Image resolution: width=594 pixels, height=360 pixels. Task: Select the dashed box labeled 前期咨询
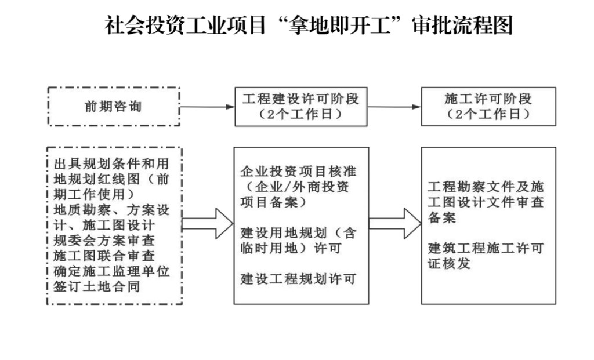click(113, 107)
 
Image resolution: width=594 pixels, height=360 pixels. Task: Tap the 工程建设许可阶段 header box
click(300, 106)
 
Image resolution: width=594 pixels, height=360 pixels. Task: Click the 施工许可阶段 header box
click(488, 106)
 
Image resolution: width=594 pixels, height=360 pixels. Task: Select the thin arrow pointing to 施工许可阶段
click(394, 107)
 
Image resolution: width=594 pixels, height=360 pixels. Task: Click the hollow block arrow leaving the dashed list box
click(207, 223)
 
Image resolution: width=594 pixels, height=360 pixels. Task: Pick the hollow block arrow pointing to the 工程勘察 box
click(394, 223)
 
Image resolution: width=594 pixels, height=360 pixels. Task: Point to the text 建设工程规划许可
click(298, 280)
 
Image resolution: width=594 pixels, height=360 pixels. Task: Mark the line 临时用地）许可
click(290, 249)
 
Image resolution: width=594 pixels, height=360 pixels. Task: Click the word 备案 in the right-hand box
click(442, 218)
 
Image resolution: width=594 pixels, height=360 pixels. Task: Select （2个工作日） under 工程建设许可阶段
click(300, 114)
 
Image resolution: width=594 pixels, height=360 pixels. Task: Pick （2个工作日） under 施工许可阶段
click(488, 114)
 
